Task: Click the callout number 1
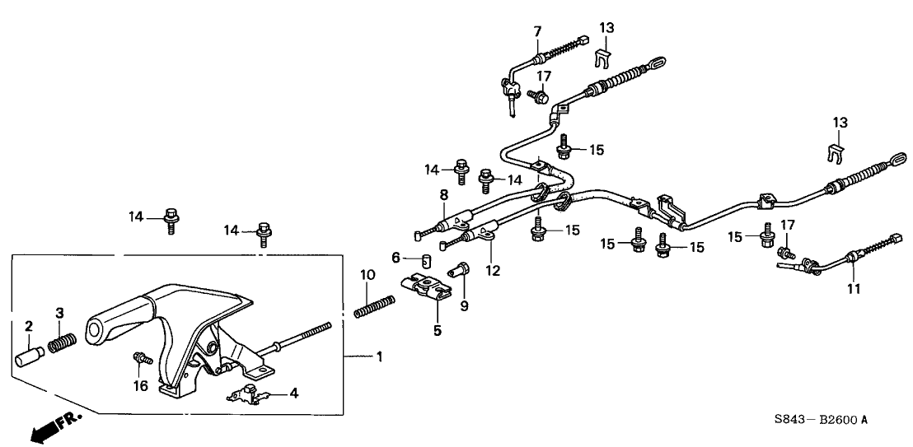pyautogui.click(x=379, y=357)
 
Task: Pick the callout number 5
pyautogui.click(x=438, y=331)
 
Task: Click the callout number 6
pyautogui.click(x=396, y=258)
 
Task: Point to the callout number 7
pyautogui.click(x=537, y=32)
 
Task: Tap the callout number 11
pyautogui.click(x=852, y=289)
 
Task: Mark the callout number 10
pyautogui.click(x=368, y=273)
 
